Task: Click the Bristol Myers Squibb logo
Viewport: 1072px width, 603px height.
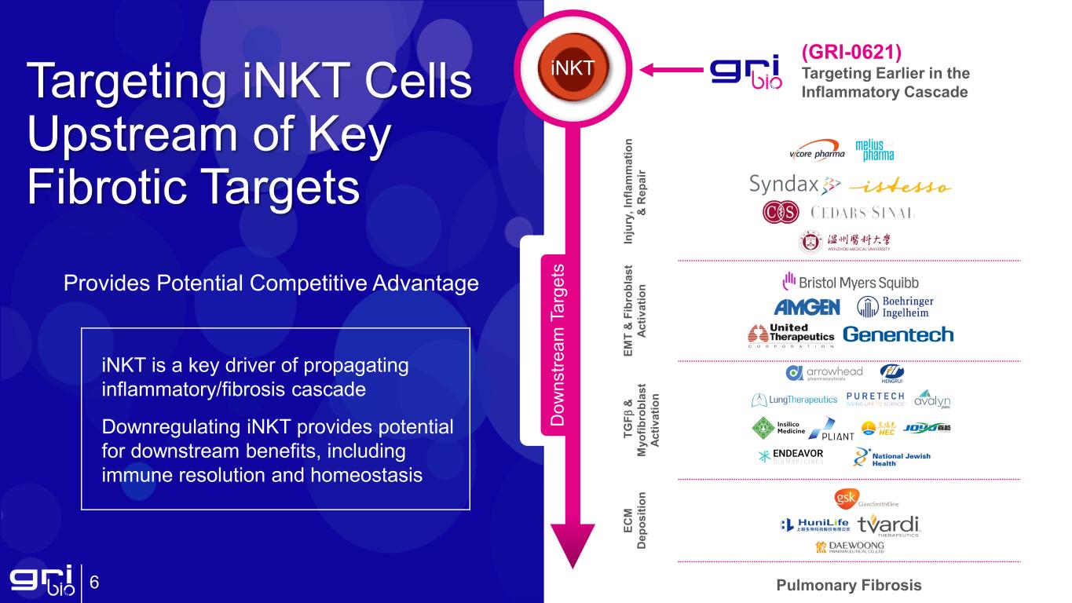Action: point(851,282)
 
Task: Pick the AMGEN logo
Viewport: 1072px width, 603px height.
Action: point(807,307)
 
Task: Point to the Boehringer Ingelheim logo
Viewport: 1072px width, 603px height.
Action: point(895,307)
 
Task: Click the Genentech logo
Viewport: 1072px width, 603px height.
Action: point(898,334)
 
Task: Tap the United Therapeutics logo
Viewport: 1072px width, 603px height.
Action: point(791,335)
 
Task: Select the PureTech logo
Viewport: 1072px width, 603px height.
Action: point(875,399)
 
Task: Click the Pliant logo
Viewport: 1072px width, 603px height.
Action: point(831,431)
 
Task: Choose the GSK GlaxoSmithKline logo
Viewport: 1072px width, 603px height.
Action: point(866,499)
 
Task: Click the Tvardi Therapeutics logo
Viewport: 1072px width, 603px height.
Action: point(887,525)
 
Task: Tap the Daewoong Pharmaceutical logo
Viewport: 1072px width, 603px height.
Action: point(850,547)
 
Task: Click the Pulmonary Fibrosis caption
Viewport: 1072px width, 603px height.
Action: point(848,585)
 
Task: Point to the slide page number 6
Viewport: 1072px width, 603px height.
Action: point(94,583)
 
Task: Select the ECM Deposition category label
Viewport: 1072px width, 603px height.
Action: point(635,521)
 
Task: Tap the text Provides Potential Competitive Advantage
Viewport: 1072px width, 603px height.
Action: point(271,283)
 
